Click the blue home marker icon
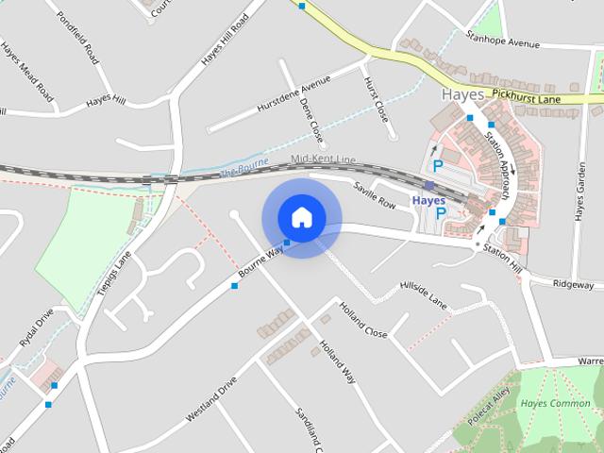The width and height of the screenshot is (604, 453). click(x=301, y=217)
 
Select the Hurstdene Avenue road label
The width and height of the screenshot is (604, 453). click(x=295, y=97)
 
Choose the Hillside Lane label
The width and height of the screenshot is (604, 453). click(x=423, y=293)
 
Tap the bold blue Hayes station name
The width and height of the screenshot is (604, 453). click(x=429, y=201)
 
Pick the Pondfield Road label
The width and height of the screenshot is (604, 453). click(x=77, y=37)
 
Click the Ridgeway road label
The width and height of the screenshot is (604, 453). click(x=573, y=284)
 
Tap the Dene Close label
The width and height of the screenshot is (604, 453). click(x=311, y=120)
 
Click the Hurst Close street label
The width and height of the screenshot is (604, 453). click(x=376, y=98)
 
